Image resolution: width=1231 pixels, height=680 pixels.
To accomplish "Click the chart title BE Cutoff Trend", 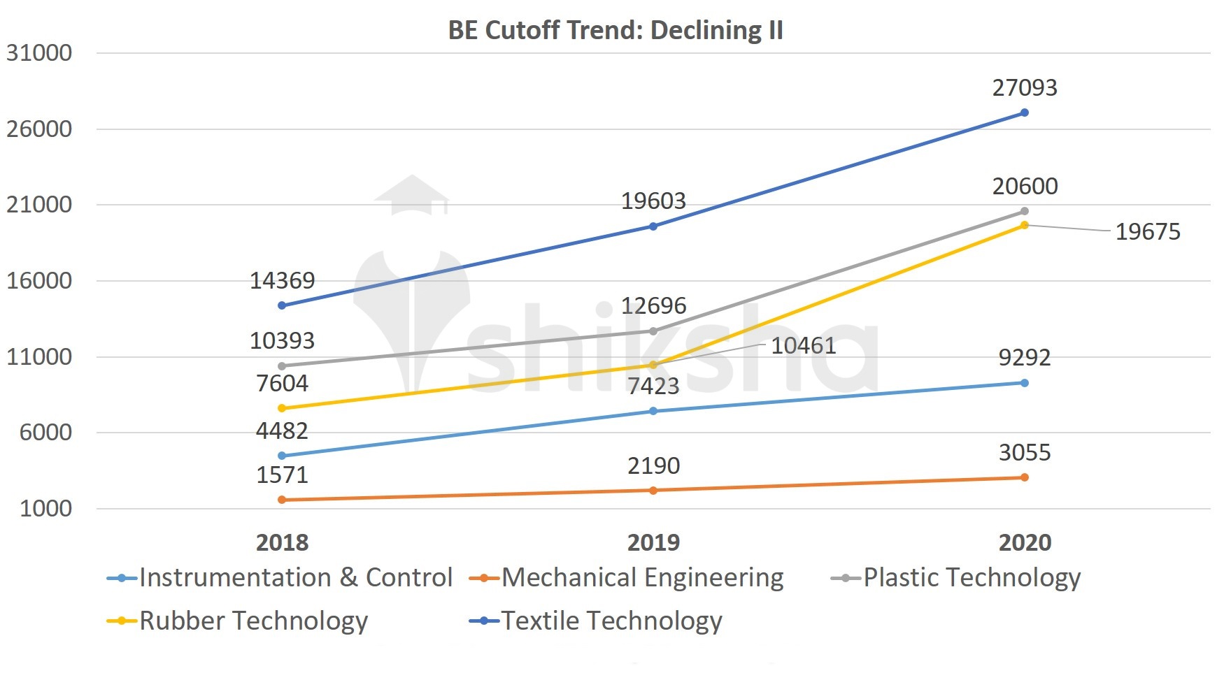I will pos(615,30).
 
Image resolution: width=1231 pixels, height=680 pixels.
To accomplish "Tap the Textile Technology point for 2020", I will pos(1024,113).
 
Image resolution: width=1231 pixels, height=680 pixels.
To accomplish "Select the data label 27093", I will pos(1024,88).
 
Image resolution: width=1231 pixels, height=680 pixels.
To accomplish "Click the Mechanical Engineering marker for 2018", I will pos(282,500).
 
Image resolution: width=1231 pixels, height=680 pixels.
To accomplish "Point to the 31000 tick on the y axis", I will pos(39,53).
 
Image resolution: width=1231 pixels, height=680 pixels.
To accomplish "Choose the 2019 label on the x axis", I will pos(653,542).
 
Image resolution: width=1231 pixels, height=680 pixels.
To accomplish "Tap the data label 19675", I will pos(1147,232).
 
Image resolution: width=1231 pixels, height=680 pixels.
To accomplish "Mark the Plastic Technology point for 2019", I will pos(653,331).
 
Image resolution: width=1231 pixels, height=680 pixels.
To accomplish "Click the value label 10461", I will pos(803,346).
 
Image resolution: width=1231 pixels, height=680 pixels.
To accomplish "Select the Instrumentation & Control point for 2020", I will pos(1024,383).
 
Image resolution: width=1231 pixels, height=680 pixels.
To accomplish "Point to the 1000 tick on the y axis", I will pos(46,509).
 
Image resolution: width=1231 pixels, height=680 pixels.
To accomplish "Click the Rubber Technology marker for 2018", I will pos(282,408).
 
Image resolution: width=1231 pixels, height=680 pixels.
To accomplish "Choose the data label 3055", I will pos(1024,453).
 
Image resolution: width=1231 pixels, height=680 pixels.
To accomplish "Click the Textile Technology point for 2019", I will pos(653,226).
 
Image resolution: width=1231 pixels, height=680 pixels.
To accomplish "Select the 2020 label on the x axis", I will pos(1024,542).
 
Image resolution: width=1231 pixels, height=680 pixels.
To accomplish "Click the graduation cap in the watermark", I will pos(411,194).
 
